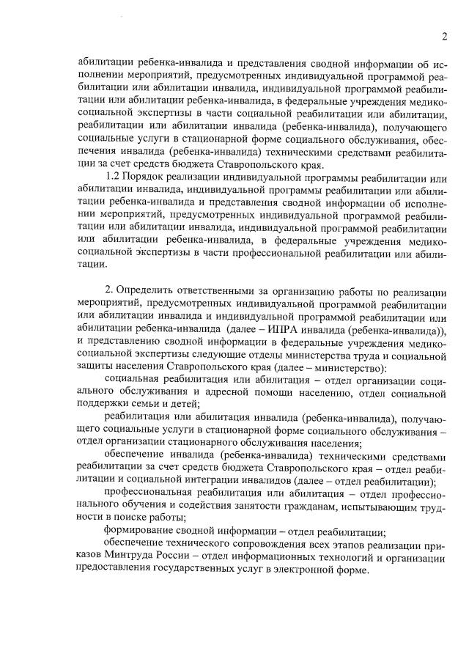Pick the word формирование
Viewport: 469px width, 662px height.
pos(141,532)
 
